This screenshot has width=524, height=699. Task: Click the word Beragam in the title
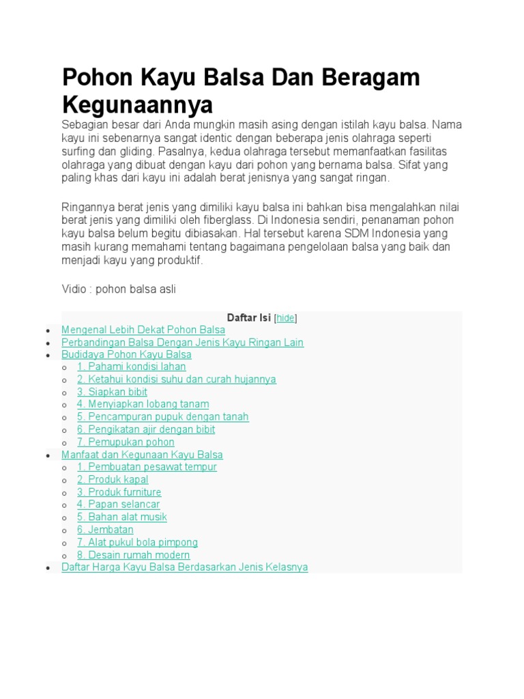point(366,79)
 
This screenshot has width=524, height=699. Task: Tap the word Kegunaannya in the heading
point(137,104)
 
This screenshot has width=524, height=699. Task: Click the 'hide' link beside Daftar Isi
point(285,318)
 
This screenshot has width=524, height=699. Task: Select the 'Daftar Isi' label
point(248,318)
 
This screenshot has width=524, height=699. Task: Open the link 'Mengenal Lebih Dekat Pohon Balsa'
point(143,330)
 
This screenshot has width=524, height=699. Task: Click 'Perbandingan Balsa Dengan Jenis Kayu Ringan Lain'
point(182,343)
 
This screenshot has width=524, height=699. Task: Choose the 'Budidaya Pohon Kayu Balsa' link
point(126,355)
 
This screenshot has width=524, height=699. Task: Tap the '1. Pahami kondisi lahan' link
point(131,367)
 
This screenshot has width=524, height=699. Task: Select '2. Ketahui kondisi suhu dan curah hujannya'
point(176,380)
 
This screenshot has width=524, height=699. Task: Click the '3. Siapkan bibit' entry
point(112,392)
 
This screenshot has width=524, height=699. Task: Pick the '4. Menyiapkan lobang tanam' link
point(143,405)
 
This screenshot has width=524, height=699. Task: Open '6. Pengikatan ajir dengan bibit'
point(145,429)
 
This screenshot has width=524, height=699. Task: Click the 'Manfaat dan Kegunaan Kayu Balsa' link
point(142,455)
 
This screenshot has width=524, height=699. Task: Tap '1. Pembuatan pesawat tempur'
point(147,467)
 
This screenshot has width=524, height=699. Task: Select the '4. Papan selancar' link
point(118,504)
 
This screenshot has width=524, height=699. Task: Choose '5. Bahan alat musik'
point(121,517)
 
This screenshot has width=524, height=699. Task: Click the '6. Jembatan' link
point(105,530)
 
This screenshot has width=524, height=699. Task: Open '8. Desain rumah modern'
point(133,555)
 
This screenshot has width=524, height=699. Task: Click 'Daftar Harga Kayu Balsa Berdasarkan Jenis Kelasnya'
point(184,567)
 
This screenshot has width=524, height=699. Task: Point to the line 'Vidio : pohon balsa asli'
point(119,289)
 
